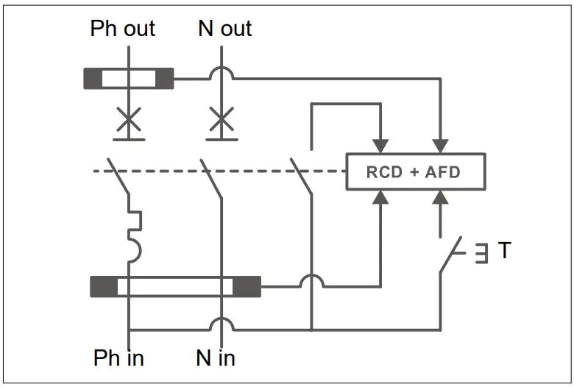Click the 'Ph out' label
tap(122, 29)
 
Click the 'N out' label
tap(224, 29)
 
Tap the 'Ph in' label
tap(118, 358)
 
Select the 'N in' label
tap(216, 358)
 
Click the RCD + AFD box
tap(415, 173)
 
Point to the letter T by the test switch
tap(504, 251)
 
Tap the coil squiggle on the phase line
tap(135, 235)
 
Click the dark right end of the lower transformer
tap(247, 286)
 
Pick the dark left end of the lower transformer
tap(103, 286)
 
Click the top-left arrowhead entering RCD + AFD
tap(380, 146)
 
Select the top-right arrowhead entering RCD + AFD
tap(440, 146)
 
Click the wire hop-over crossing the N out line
tap(222, 72)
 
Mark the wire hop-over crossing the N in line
tap(222, 324)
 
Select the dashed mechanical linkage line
tap(221, 172)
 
